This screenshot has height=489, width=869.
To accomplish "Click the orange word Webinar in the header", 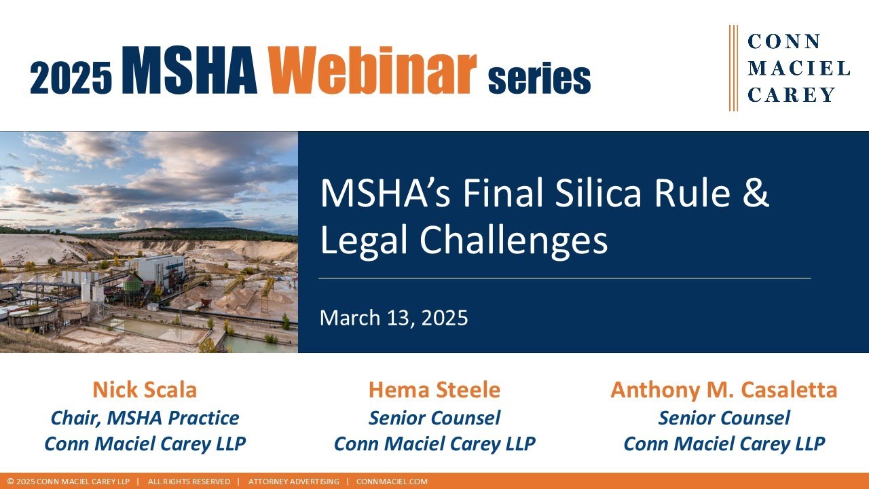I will pyautogui.click(x=372, y=69).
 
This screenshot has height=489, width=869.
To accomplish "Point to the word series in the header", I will pyautogui.click(x=539, y=79).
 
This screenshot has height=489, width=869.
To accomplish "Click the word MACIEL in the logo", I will pyautogui.click(x=798, y=68).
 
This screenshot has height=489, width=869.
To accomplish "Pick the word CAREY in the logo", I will pyautogui.click(x=791, y=95).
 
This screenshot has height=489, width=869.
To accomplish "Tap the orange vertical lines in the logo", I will pyautogui.click(x=733, y=68).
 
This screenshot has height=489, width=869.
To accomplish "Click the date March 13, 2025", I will pyautogui.click(x=394, y=318).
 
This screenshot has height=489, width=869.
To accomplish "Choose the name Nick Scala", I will pyautogui.click(x=145, y=390).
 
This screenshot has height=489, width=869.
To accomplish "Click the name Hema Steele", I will pyautogui.click(x=434, y=390).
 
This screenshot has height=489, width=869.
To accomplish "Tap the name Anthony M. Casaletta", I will pyautogui.click(x=724, y=390).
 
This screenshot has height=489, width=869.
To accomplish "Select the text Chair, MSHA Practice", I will pyautogui.click(x=145, y=418).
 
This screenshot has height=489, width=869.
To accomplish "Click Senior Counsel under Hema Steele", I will pyautogui.click(x=434, y=418).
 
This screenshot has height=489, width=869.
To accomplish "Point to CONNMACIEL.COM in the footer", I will pyautogui.click(x=392, y=482).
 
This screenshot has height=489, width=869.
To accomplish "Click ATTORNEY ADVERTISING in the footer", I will pyautogui.click(x=293, y=482).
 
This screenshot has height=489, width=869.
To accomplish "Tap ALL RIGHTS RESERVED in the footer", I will pyautogui.click(x=189, y=482).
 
